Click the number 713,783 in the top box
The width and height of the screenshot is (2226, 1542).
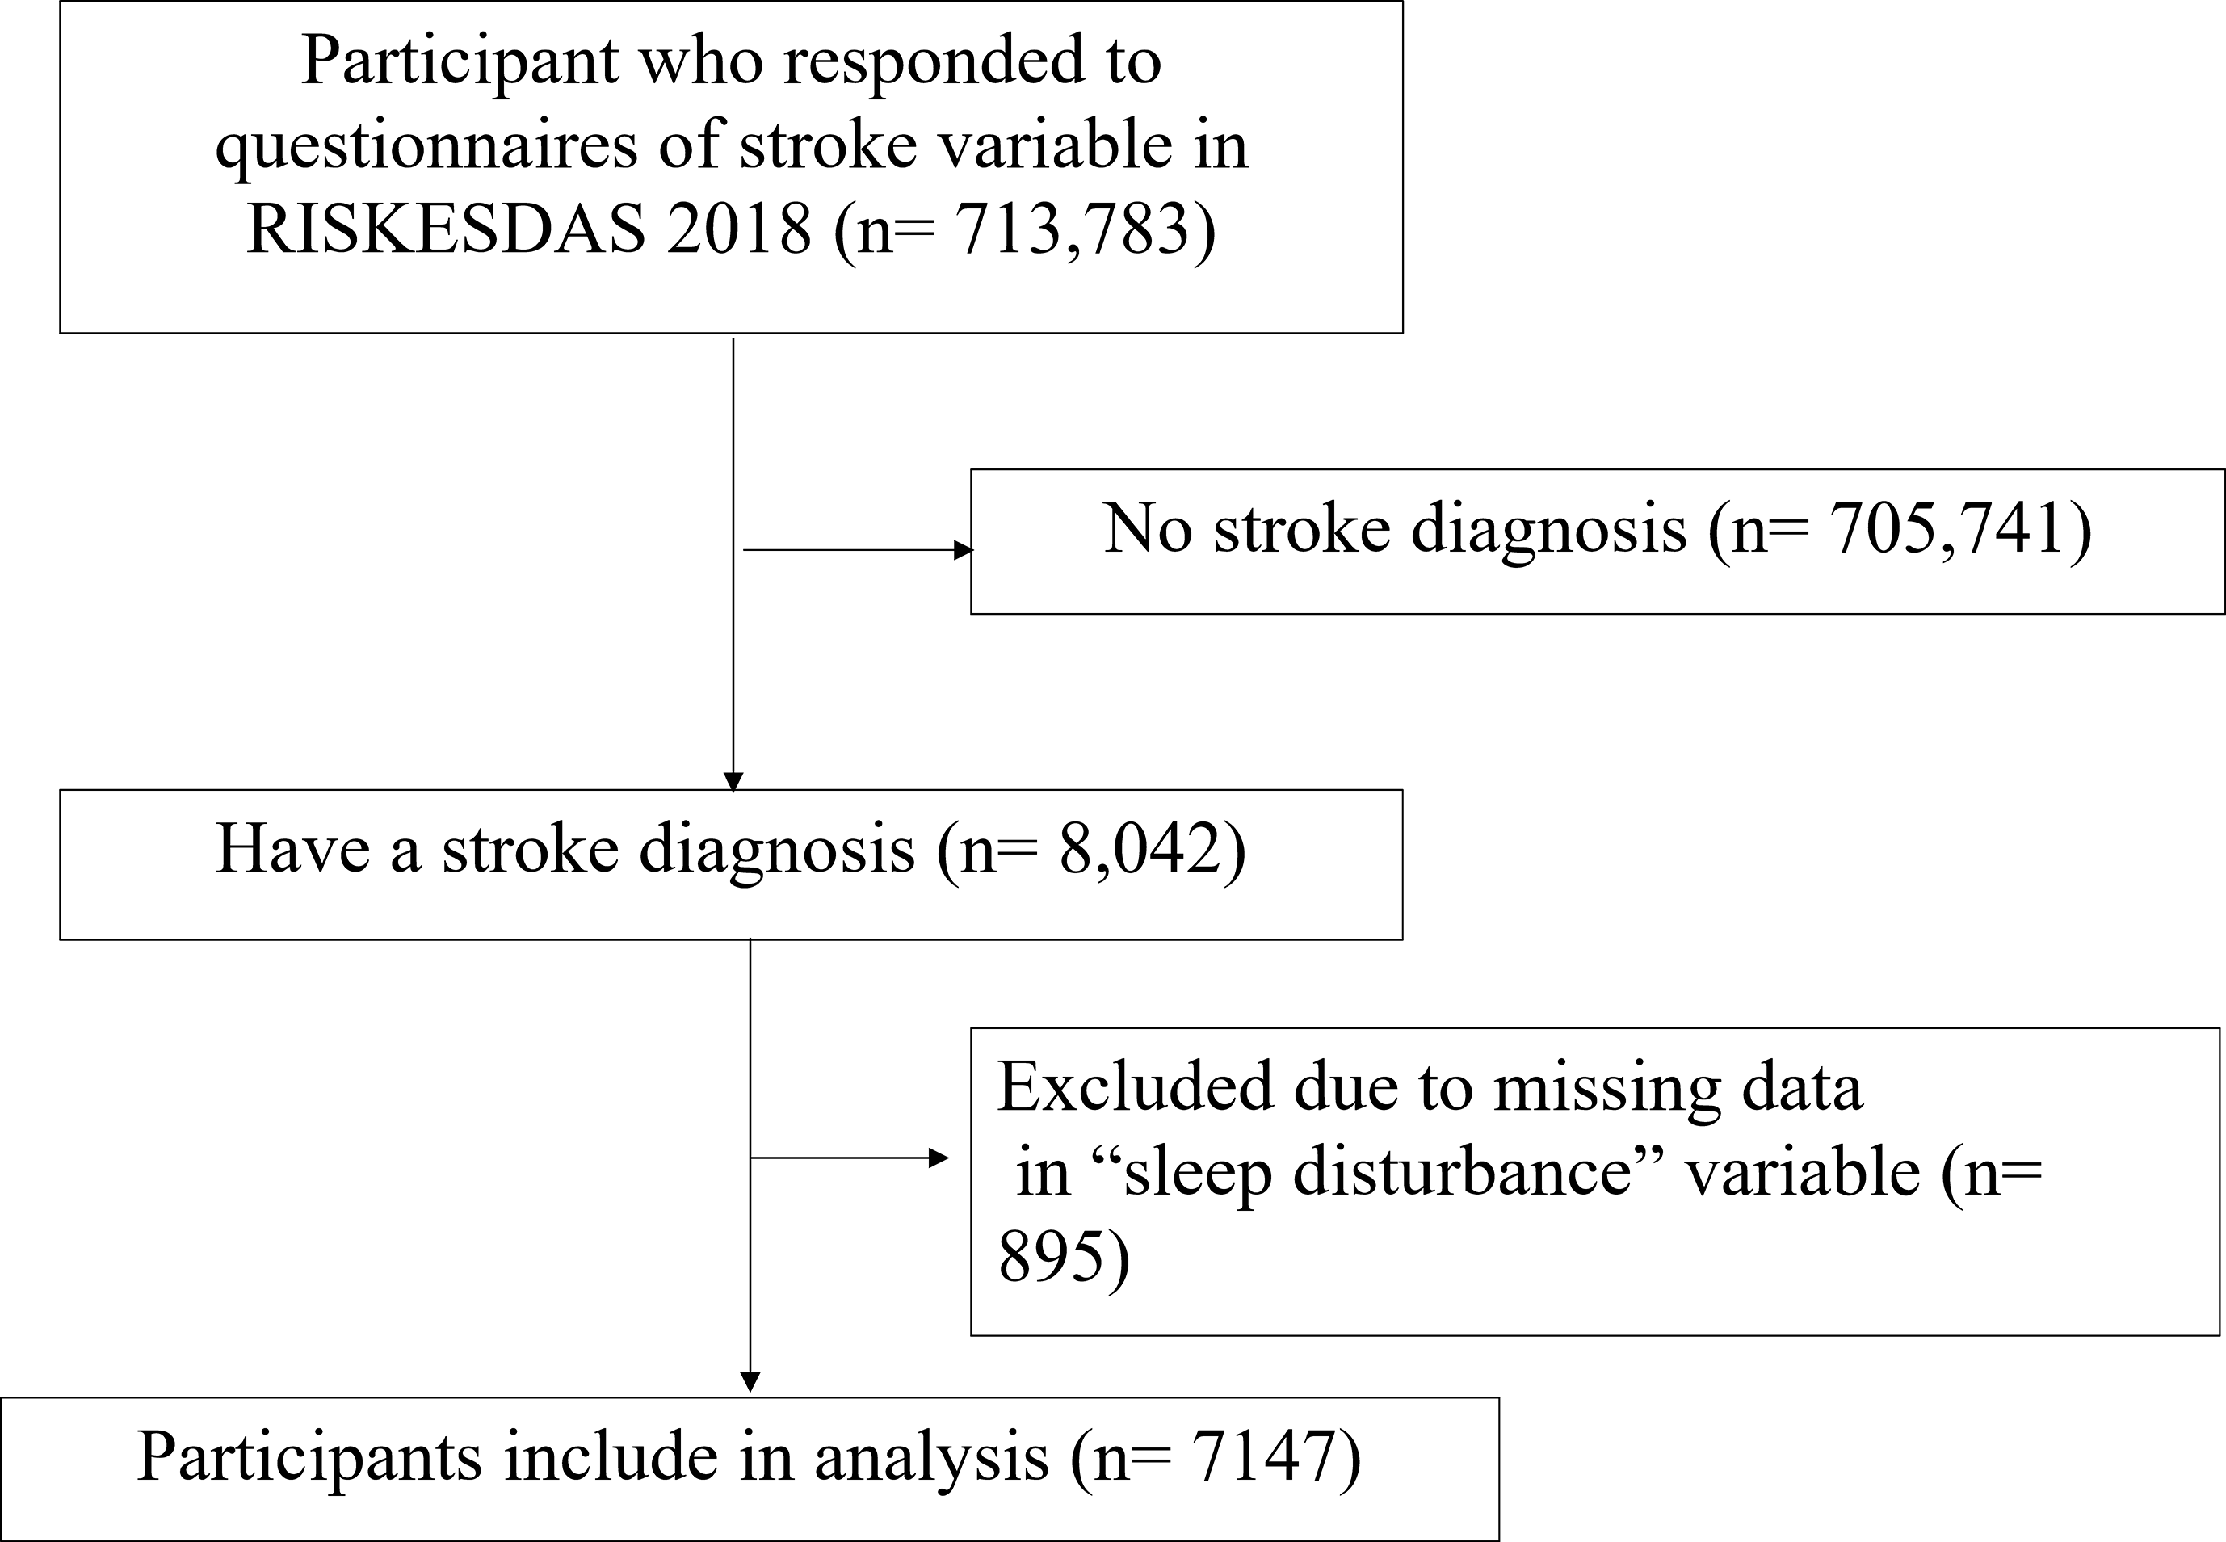pyautogui.click(x=1072, y=230)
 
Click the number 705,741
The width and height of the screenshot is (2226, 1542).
pyautogui.click(x=1948, y=528)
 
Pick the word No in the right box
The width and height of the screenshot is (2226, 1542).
pyautogui.click(x=1148, y=528)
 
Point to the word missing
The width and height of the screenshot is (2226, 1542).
pyautogui.click(x=1606, y=1088)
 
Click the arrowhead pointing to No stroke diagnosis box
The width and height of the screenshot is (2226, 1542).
pyautogui.click(x=964, y=550)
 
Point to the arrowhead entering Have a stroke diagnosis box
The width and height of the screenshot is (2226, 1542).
pyautogui.click(x=733, y=782)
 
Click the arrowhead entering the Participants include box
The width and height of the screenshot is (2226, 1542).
pyautogui.click(x=750, y=1383)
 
